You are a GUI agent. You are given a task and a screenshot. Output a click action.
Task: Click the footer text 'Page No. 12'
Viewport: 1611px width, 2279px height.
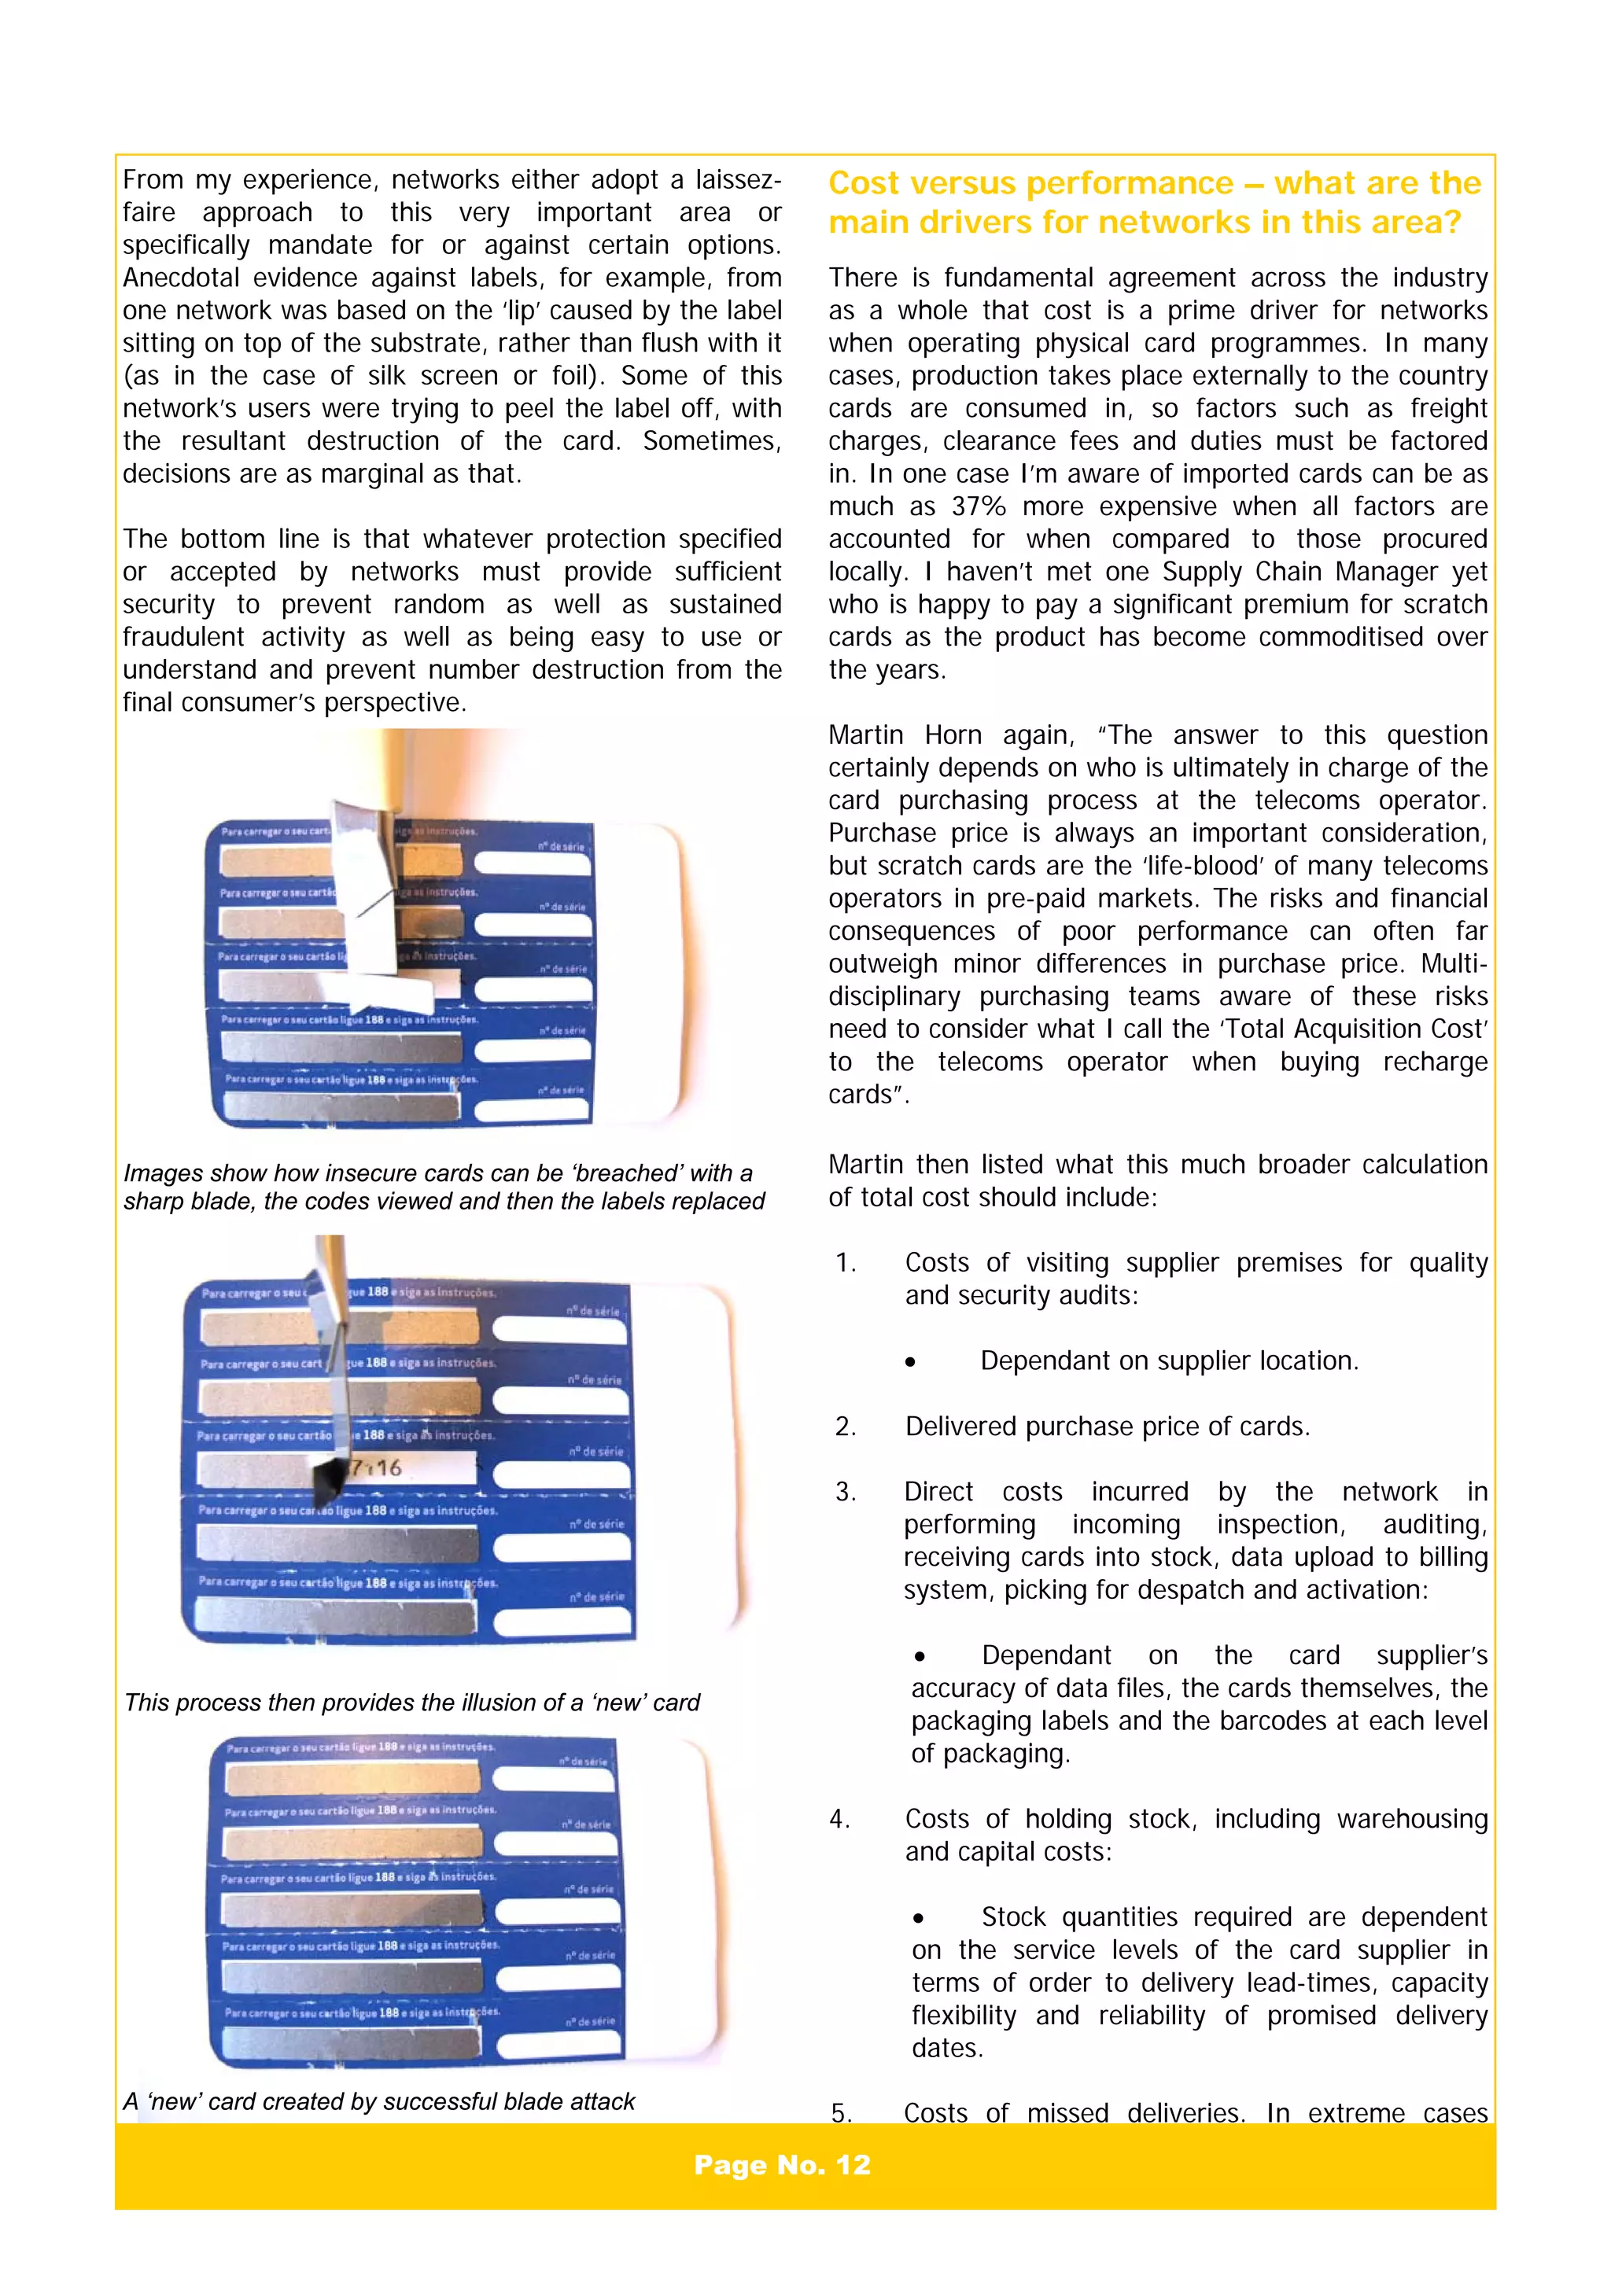(781, 2165)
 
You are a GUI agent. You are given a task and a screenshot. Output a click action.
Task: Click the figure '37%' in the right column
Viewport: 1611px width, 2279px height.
(979, 506)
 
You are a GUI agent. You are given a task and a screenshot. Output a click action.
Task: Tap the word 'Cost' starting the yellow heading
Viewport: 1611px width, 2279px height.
(863, 184)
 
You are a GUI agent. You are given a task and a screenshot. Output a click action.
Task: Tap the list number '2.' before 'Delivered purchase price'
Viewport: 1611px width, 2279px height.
(845, 1427)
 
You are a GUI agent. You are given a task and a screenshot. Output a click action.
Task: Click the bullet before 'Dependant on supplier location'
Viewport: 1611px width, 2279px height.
(909, 1362)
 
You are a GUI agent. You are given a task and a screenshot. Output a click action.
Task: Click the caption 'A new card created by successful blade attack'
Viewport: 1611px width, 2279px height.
(378, 2101)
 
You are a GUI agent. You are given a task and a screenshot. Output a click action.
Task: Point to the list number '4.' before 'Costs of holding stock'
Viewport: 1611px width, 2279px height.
(840, 1818)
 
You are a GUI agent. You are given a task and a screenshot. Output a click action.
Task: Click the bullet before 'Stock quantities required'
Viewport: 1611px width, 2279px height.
(918, 1919)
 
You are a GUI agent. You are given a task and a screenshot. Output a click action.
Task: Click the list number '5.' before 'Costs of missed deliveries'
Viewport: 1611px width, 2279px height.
(841, 2113)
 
